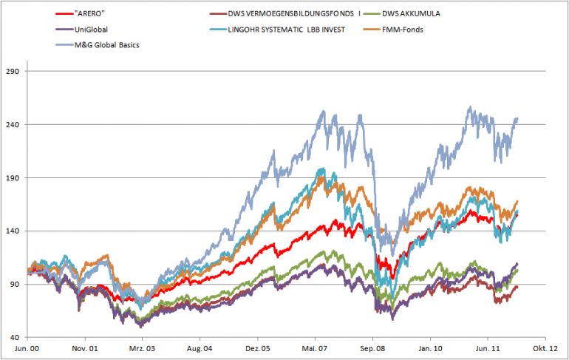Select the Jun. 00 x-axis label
pyautogui.click(x=28, y=348)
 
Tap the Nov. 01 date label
pyautogui.click(x=86, y=348)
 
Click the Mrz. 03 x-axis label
pyautogui.click(x=143, y=348)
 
